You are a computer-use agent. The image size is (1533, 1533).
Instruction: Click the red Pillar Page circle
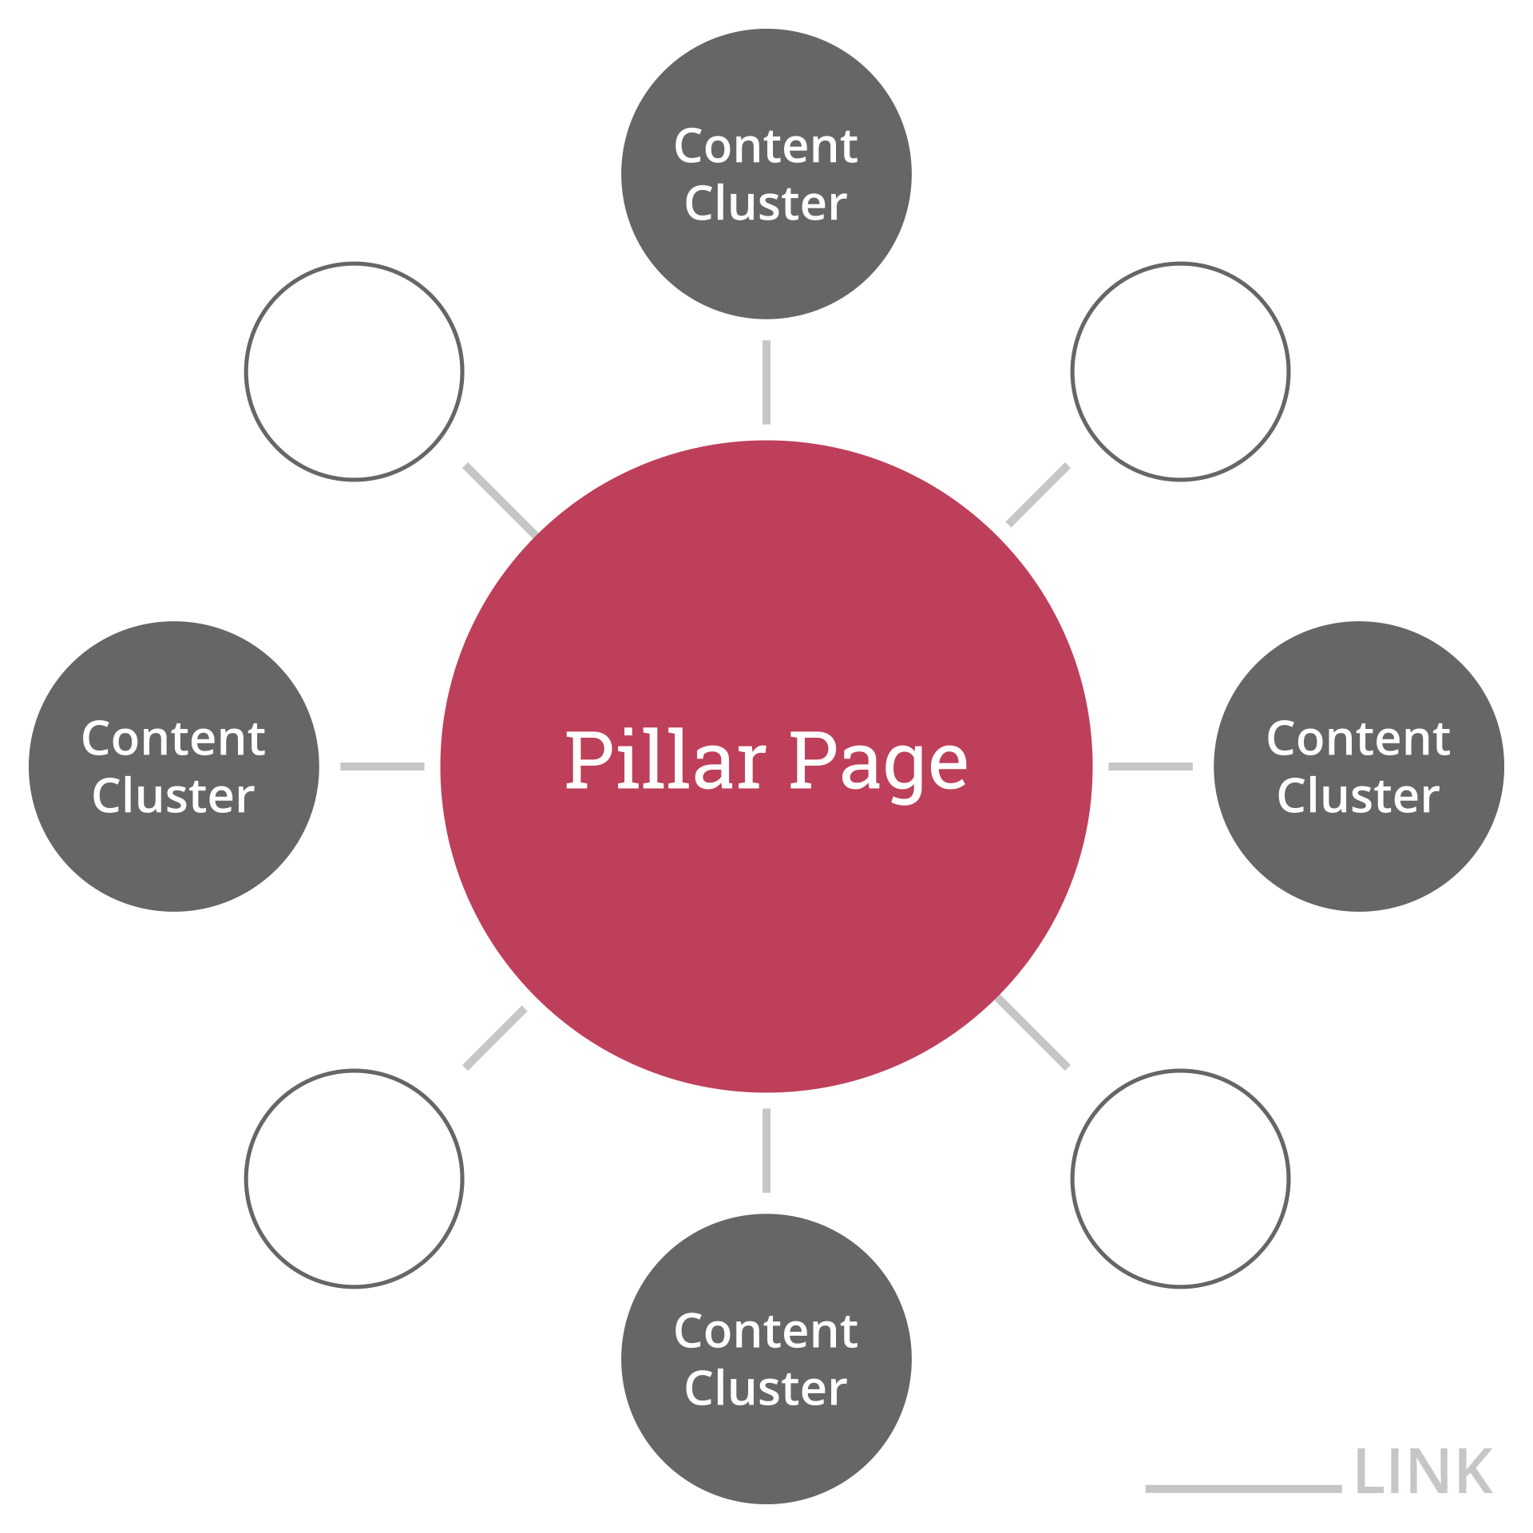(766, 918)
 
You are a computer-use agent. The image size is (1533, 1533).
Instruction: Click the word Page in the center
(878, 763)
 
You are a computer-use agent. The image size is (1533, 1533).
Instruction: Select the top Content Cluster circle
(766, 263)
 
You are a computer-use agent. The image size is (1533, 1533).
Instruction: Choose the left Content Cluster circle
(173, 862)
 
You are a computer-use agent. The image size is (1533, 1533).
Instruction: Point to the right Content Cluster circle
(1358, 862)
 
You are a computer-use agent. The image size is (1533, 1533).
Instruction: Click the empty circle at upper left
(354, 371)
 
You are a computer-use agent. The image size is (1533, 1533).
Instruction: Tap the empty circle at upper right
(1180, 371)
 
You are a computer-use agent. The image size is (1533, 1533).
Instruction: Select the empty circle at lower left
(354, 1178)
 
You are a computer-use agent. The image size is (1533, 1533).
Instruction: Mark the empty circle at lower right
(1180, 1178)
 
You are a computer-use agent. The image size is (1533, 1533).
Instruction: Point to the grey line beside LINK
(1242, 1488)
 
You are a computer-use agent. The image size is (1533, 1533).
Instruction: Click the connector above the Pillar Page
(766, 382)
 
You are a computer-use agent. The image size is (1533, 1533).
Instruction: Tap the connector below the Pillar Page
(766, 1151)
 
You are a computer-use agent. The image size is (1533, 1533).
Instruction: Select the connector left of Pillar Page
(382, 766)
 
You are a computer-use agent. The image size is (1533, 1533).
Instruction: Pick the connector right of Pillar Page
(1151, 766)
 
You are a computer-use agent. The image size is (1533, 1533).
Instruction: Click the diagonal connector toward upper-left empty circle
(500, 500)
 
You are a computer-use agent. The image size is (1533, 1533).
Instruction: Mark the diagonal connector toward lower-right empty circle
(1033, 1033)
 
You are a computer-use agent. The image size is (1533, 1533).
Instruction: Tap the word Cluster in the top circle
(766, 204)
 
